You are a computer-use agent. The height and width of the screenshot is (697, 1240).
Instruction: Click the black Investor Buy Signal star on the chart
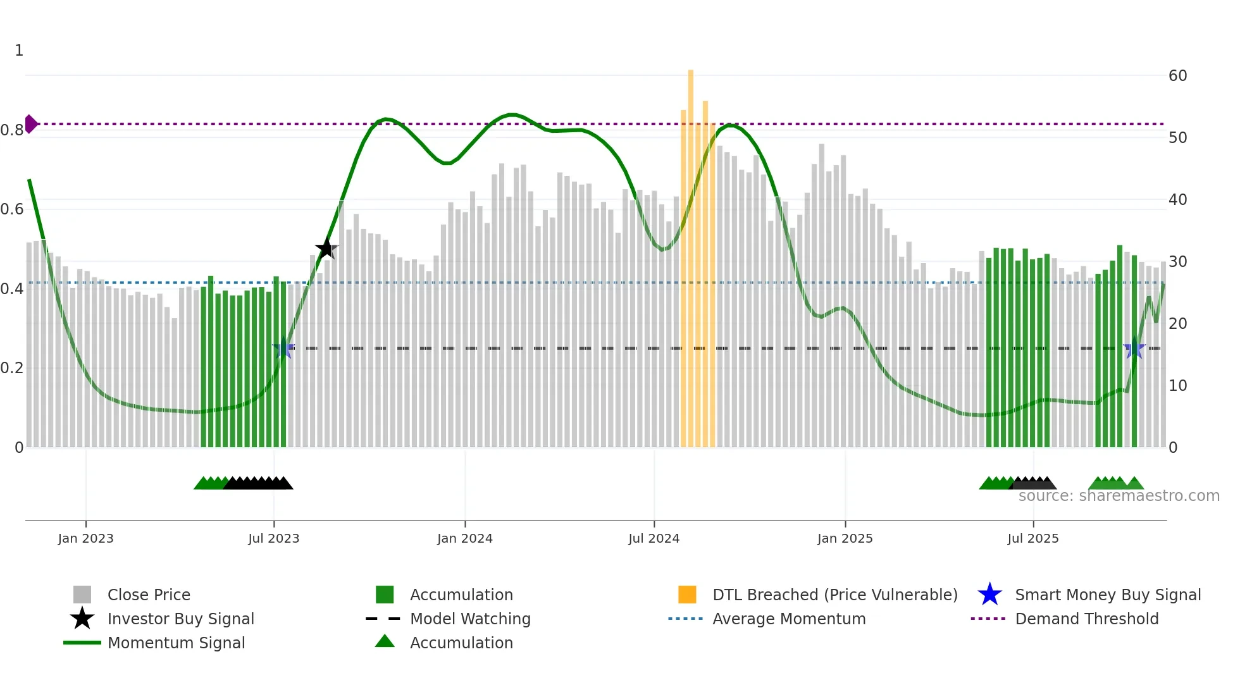click(326, 249)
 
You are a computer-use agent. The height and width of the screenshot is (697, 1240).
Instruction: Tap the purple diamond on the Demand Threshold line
click(30, 124)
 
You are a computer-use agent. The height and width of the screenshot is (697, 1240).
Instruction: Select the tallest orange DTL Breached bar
click(691, 253)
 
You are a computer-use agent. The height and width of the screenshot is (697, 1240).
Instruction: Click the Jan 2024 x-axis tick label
click(464, 538)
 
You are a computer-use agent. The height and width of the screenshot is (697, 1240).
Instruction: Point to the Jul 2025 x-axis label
click(1032, 538)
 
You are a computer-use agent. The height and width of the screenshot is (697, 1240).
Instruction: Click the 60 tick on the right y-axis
click(1177, 76)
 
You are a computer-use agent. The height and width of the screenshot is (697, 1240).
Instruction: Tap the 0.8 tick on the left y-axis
click(12, 130)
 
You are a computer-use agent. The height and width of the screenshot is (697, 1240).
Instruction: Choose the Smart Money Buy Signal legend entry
click(1107, 595)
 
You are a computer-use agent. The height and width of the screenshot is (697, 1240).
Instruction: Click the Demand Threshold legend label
click(1086, 619)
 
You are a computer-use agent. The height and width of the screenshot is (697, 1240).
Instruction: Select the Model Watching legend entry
click(469, 619)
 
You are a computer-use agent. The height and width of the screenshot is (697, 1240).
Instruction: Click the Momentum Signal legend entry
click(176, 643)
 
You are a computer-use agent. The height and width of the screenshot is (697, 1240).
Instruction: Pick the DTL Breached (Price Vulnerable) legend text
click(834, 595)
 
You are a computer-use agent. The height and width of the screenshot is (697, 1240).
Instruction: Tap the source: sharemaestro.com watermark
click(1119, 496)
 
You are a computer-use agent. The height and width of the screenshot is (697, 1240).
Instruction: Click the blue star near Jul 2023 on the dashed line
click(283, 348)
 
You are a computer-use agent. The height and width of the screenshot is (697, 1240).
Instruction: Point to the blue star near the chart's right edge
click(1134, 348)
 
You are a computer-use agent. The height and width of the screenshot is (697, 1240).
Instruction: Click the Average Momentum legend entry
click(788, 619)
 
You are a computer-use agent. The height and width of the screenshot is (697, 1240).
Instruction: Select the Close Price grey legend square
click(82, 595)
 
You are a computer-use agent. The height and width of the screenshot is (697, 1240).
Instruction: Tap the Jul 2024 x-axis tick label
click(654, 538)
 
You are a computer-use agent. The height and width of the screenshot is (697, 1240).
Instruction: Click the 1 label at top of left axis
click(19, 51)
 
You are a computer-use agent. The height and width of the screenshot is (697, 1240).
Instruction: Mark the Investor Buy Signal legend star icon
click(82, 619)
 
